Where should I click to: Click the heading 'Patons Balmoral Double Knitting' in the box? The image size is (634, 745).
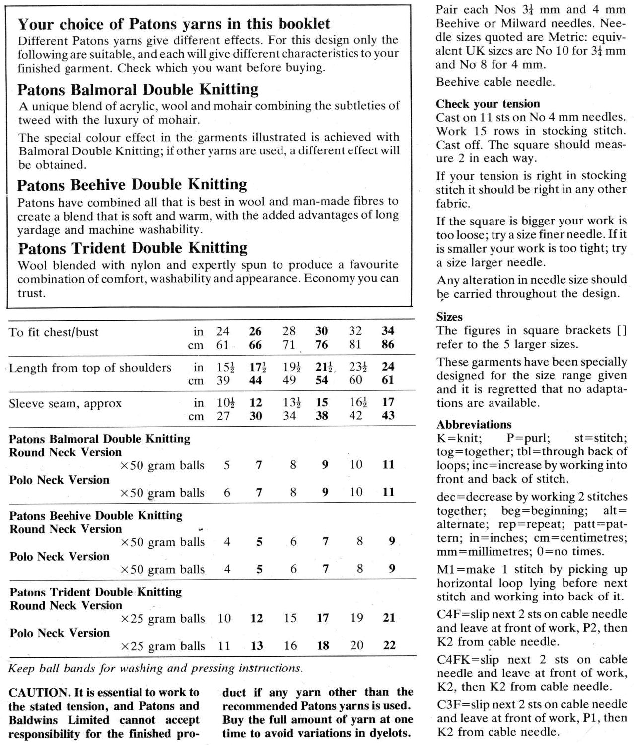[138, 90]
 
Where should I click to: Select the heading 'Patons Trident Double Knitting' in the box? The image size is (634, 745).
[132, 248]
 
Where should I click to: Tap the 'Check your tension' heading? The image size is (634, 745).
[488, 104]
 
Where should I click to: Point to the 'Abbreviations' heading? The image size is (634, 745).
[474, 424]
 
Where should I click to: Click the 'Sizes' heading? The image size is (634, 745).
[449, 317]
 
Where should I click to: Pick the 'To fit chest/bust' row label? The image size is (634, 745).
[54, 332]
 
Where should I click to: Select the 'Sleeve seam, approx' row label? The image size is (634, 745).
[65, 403]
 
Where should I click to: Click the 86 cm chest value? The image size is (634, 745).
[388, 345]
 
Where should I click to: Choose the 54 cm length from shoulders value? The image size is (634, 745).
[322, 380]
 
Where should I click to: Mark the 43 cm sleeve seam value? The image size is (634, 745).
[388, 416]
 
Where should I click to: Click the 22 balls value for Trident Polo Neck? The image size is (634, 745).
[389, 645]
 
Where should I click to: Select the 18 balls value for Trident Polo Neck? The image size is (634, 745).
[322, 645]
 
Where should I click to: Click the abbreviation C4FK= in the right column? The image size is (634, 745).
[454, 660]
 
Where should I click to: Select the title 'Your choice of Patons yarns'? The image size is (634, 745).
[174, 24]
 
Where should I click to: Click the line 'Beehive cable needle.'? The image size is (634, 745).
[494, 82]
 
